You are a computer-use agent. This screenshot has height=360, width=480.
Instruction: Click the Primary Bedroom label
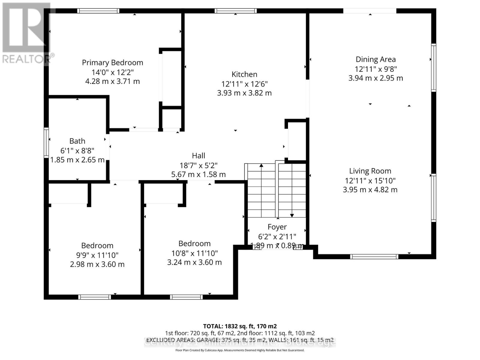pyautogui.click(x=112, y=63)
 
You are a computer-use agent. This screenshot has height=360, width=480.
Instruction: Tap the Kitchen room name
pyautogui.click(x=244, y=74)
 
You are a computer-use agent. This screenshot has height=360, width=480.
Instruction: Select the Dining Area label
pyautogui.click(x=376, y=59)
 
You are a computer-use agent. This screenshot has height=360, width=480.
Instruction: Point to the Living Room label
pyautogui.click(x=370, y=171)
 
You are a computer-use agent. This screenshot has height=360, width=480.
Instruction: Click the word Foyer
pyautogui.click(x=277, y=227)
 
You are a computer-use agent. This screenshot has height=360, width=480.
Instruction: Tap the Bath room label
pyautogui.click(x=77, y=141)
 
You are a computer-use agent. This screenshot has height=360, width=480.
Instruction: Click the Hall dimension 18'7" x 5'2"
pyautogui.click(x=198, y=165)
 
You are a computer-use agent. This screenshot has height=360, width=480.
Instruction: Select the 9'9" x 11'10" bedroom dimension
pyautogui.click(x=97, y=255)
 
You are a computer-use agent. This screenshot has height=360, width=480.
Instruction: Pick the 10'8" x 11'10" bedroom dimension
pyautogui.click(x=194, y=253)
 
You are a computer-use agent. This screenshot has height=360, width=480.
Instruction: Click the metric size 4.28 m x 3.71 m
pyautogui.click(x=112, y=81)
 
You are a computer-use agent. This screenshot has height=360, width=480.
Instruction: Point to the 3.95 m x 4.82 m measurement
pyautogui.click(x=370, y=190)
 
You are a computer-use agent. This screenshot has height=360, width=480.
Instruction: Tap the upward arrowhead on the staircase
pyautogui.click(x=261, y=165)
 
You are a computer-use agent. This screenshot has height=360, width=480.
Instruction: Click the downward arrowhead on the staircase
pyautogui.click(x=292, y=215)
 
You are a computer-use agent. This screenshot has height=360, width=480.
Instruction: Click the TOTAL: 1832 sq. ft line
pyautogui.click(x=240, y=326)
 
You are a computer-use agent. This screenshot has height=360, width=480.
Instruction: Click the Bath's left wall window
pyautogui.click(x=46, y=143)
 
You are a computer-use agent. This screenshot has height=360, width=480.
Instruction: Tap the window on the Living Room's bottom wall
pyautogui.click(x=374, y=256)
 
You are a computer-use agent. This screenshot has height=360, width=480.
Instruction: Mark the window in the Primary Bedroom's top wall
pyautogui.click(x=98, y=11)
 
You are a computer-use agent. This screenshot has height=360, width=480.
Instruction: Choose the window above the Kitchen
pyautogui.click(x=235, y=11)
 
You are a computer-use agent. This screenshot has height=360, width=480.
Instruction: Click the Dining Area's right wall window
pyautogui.click(x=433, y=67)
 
